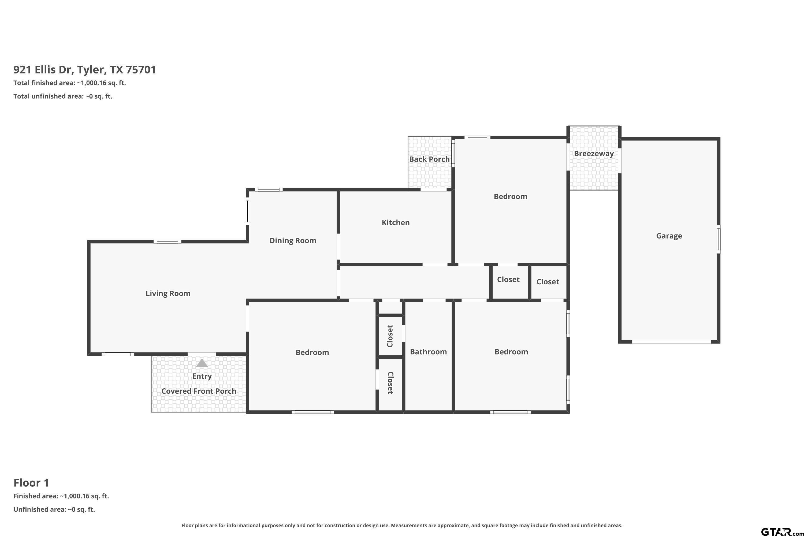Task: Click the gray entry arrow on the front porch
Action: [x=202, y=363]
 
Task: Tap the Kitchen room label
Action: [x=396, y=222]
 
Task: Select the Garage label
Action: [x=669, y=236]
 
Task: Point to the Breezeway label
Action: [x=594, y=154]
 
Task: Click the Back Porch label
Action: [x=429, y=159]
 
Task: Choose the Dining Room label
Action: [x=293, y=241]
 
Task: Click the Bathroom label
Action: [x=428, y=352]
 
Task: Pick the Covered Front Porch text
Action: [x=199, y=391]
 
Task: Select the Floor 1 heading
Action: [x=31, y=483]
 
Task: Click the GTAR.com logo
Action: [x=782, y=531]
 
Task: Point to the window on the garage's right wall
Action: [x=719, y=239]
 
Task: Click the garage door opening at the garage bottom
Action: [x=671, y=342]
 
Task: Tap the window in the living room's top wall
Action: [x=167, y=242]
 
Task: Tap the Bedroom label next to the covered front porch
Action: [x=312, y=352]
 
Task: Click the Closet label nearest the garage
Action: [x=548, y=282]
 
